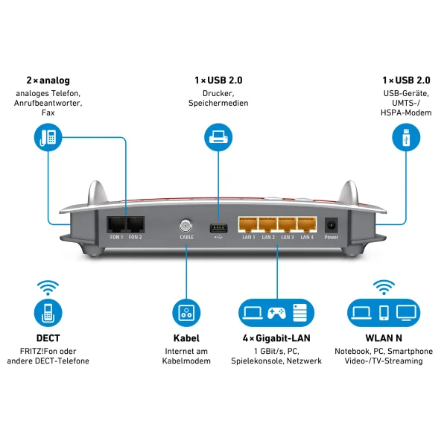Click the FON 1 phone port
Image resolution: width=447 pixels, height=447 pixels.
coord(117,223)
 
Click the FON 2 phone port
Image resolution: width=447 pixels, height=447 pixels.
coord(135,223)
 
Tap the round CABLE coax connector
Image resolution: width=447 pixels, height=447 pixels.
coord(186,224)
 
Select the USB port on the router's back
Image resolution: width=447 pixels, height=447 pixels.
coord(217,225)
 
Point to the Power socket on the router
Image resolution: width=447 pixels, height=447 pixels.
coord(331,225)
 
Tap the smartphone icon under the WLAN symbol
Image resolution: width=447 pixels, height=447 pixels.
coord(384,311)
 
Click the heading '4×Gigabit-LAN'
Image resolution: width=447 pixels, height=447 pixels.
coord(276,338)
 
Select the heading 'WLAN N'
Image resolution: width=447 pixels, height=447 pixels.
coord(384,338)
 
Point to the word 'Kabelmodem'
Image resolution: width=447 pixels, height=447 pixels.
coord(186,361)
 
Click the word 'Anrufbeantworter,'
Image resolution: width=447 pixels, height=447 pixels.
coord(48,103)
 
